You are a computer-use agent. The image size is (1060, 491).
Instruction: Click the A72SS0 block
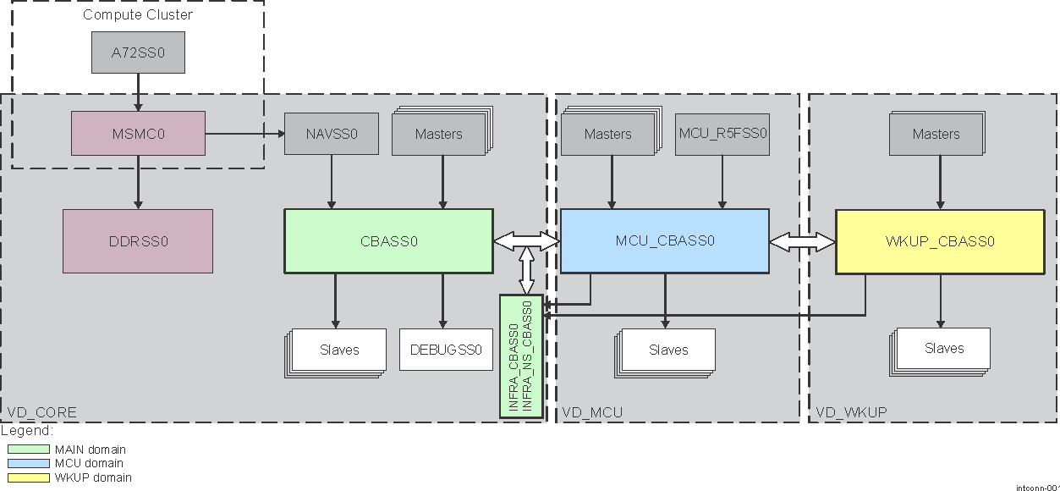(138, 52)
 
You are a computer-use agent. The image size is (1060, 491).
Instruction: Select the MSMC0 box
(138, 134)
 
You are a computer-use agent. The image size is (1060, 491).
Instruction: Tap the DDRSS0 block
(138, 241)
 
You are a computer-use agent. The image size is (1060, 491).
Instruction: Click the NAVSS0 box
(331, 134)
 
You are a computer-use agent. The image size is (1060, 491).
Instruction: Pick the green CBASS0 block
(388, 241)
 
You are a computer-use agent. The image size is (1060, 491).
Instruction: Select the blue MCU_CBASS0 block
(665, 241)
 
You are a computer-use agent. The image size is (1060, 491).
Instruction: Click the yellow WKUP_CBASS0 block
(940, 241)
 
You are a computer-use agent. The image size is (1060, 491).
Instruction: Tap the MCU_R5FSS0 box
(722, 134)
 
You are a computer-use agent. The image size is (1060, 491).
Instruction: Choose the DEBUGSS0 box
(446, 349)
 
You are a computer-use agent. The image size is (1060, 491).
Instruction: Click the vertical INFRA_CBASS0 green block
(521, 356)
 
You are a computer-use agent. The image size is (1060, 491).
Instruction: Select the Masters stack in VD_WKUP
(936, 134)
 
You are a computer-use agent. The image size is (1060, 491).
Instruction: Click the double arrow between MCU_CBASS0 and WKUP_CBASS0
(802, 242)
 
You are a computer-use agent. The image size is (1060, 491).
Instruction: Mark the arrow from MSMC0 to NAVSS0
(244, 134)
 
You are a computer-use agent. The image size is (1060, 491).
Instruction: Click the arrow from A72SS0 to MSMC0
(138, 91)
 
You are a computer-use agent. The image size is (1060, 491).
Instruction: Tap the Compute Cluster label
(138, 14)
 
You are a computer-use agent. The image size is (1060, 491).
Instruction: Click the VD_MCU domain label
(592, 412)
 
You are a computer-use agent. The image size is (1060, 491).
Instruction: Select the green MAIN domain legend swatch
(29, 450)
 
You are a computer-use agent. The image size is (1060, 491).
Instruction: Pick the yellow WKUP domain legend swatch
(29, 477)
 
